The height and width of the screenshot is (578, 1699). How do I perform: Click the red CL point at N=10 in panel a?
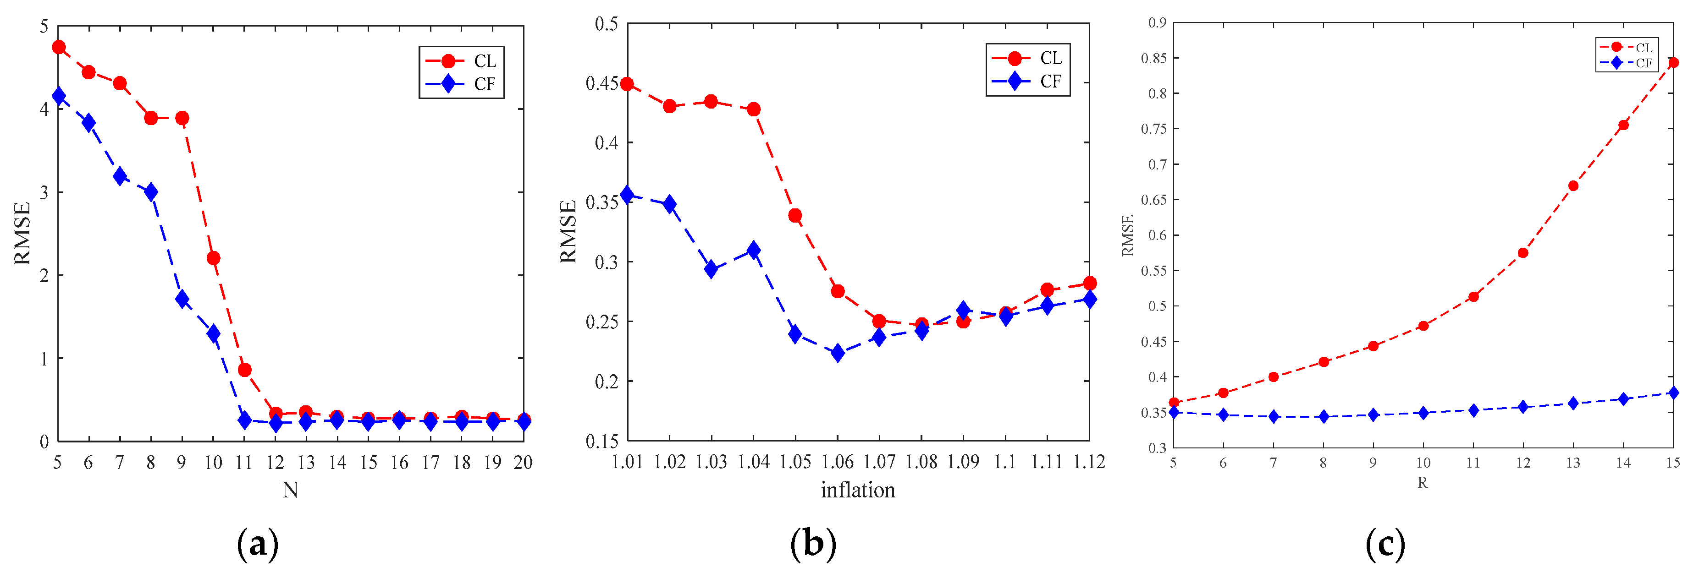[213, 258]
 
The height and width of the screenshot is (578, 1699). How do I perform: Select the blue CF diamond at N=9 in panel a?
[182, 299]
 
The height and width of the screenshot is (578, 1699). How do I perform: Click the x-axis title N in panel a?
[290, 490]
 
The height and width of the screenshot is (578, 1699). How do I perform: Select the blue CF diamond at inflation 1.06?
[838, 353]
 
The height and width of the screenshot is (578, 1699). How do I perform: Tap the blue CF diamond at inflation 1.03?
[711, 269]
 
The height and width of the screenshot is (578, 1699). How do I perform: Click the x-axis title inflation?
[857, 490]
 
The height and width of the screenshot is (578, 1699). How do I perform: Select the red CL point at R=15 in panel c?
[1672, 63]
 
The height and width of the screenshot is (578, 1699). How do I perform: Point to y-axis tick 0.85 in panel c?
[1153, 59]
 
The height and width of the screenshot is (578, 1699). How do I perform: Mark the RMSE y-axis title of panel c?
[1128, 235]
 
